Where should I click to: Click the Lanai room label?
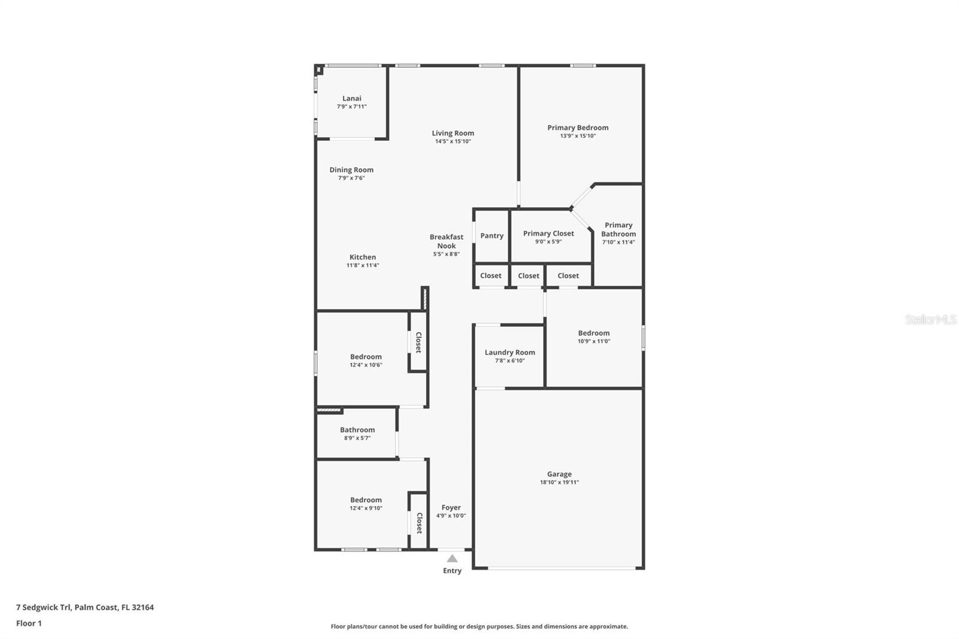click(352, 98)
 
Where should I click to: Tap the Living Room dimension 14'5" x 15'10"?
click(453, 141)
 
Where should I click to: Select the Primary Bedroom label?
click(578, 128)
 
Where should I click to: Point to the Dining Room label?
click(351, 170)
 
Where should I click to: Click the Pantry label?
click(491, 236)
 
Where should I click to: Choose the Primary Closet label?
click(548, 233)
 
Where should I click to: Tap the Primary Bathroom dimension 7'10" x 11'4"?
click(618, 242)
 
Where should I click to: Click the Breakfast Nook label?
click(446, 241)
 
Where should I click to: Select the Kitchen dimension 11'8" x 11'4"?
click(363, 265)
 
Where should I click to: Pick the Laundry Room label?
click(509, 352)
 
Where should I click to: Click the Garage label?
click(559, 474)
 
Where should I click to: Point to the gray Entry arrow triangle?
click(452, 559)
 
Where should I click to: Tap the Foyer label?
click(451, 507)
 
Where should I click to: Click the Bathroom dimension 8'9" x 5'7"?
click(357, 438)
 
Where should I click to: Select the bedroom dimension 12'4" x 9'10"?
click(366, 508)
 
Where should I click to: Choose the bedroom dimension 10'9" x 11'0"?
click(593, 341)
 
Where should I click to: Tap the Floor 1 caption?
click(29, 623)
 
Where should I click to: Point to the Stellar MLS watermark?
click(930, 319)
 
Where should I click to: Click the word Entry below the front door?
click(452, 571)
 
